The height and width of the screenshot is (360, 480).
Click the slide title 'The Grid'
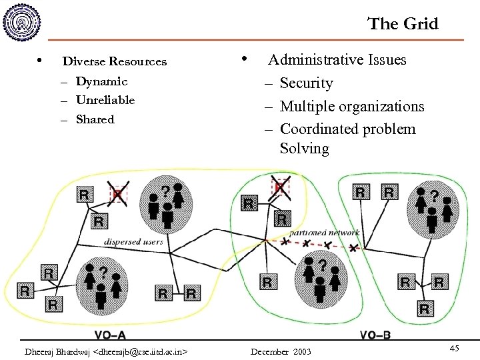tap(403, 24)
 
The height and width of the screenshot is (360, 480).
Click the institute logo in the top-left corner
tap(23, 24)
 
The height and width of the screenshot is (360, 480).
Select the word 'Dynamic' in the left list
tap(101, 81)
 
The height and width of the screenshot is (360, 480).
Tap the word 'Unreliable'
tap(105, 100)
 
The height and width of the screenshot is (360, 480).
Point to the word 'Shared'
tap(95, 120)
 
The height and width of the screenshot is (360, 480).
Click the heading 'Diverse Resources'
tap(115, 61)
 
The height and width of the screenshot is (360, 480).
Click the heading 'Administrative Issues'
tap(337, 60)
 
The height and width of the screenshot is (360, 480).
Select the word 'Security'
tap(306, 83)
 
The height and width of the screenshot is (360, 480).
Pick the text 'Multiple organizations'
tap(352, 107)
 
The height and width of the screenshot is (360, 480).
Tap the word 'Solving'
tap(304, 149)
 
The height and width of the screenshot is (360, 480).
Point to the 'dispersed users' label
tap(133, 241)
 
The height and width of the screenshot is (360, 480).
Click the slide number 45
tap(454, 349)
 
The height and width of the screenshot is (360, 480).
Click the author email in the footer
tap(105, 351)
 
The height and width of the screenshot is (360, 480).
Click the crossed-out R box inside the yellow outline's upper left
tap(118, 194)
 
